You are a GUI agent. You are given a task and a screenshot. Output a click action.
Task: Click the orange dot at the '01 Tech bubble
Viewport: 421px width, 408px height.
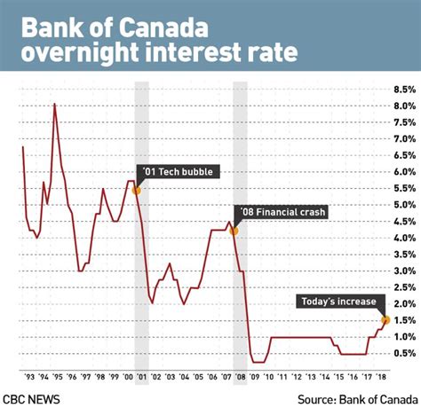[136, 190]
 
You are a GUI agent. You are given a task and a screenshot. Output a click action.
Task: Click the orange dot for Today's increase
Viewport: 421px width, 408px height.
[385, 319]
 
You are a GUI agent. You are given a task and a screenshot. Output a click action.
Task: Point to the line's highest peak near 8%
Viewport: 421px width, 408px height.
[55, 105]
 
